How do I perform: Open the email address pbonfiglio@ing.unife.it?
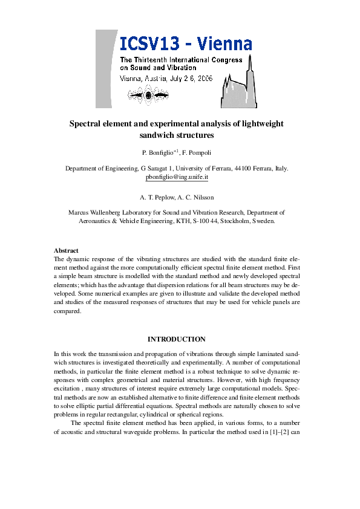177,178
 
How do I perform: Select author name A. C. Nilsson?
196,197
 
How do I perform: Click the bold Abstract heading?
66,250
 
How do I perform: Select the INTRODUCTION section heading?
176,339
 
